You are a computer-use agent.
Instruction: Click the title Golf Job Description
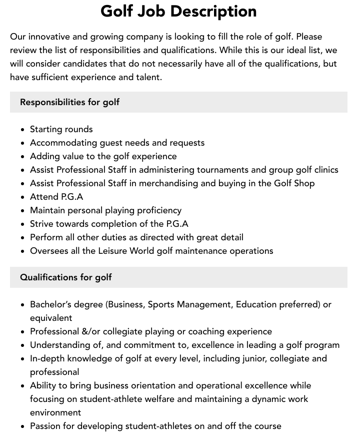tap(178, 11)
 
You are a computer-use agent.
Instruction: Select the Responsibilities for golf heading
tap(69, 102)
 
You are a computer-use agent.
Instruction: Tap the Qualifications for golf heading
tap(65, 277)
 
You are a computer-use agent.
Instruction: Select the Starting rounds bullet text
tap(61, 129)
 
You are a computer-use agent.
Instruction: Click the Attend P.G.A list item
tap(56, 197)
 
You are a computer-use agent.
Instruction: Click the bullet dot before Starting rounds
tap(23, 130)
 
